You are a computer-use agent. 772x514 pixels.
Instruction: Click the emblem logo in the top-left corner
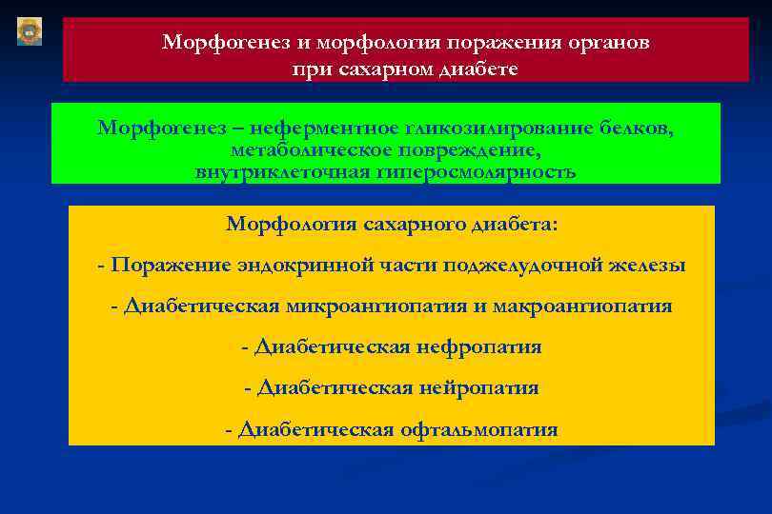tap(29, 30)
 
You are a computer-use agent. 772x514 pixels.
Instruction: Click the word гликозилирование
tap(498, 128)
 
